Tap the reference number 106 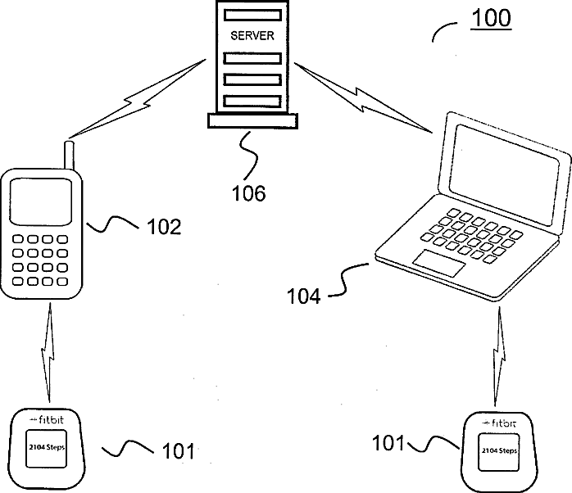click(x=248, y=193)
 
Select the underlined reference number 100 click(x=490, y=18)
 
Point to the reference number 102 click(x=163, y=227)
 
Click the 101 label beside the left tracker click(x=178, y=450)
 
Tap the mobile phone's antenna click(x=70, y=155)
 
